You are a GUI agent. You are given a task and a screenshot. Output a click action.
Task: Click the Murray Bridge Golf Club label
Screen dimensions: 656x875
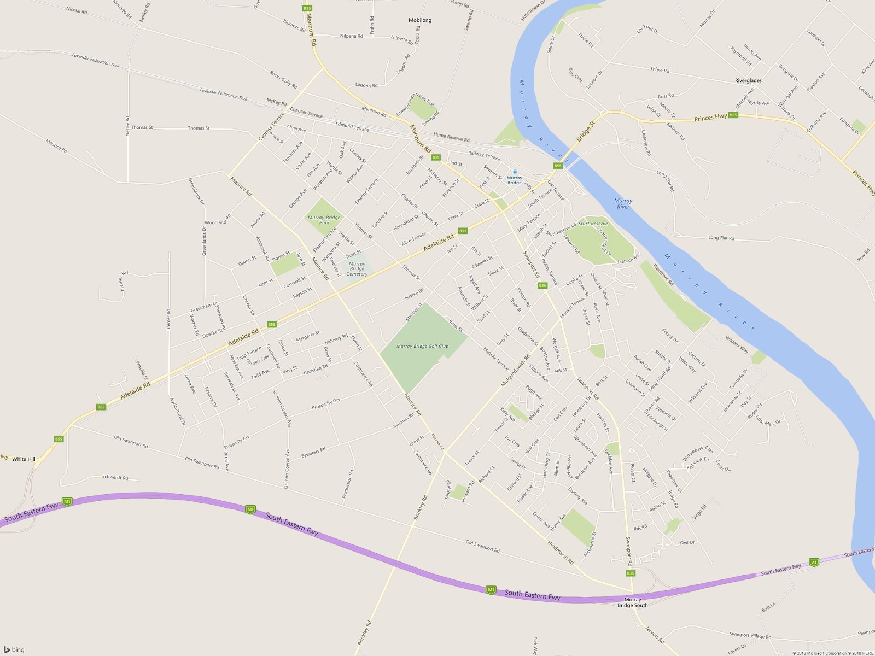[422, 346]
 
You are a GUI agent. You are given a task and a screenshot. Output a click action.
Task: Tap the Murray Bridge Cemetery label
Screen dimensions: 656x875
[357, 268]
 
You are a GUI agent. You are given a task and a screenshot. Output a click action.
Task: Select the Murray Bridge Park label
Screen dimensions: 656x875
[324, 220]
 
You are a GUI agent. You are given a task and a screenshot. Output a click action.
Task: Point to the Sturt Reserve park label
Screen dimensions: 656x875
[593, 224]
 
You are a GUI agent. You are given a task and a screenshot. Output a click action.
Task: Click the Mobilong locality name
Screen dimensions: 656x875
[420, 20]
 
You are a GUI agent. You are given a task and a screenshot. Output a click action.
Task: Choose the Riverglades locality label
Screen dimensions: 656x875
[748, 80]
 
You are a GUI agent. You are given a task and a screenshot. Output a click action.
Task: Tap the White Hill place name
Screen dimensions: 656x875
[24, 459]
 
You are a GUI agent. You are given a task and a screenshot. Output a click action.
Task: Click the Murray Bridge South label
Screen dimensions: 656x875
[632, 602]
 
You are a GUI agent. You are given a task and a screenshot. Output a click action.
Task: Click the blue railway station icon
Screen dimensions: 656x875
[515, 172]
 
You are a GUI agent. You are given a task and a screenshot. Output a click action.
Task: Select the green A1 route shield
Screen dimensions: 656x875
[814, 562]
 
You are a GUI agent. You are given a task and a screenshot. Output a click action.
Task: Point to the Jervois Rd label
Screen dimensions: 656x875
[655, 634]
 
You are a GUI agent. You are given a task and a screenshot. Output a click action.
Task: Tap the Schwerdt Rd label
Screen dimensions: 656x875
[115, 477]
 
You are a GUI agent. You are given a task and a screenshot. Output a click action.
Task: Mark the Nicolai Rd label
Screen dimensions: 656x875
[77, 10]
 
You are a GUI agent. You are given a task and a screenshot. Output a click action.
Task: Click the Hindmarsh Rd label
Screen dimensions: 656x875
[561, 552]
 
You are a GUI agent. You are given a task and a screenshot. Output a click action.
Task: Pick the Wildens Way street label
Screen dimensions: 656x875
[737, 345]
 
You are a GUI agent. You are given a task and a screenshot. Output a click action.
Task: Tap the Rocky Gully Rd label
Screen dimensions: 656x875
[283, 80]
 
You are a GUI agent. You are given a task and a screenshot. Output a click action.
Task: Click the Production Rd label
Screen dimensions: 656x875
[347, 484]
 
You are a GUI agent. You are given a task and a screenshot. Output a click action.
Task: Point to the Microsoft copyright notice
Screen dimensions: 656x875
[825, 653]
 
